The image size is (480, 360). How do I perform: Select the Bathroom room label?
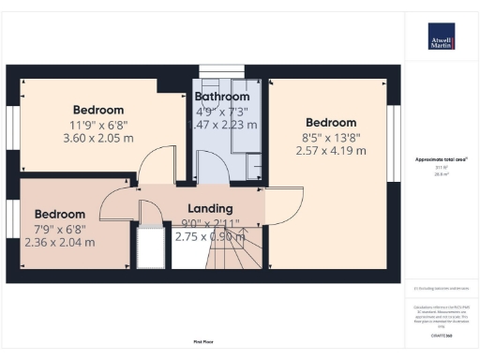coord(222,97)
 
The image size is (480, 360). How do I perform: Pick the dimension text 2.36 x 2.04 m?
coord(58,242)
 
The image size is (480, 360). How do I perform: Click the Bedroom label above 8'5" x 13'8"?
coord(331,123)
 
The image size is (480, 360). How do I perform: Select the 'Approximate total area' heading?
coord(441,159)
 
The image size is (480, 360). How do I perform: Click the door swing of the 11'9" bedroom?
coord(150,169)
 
